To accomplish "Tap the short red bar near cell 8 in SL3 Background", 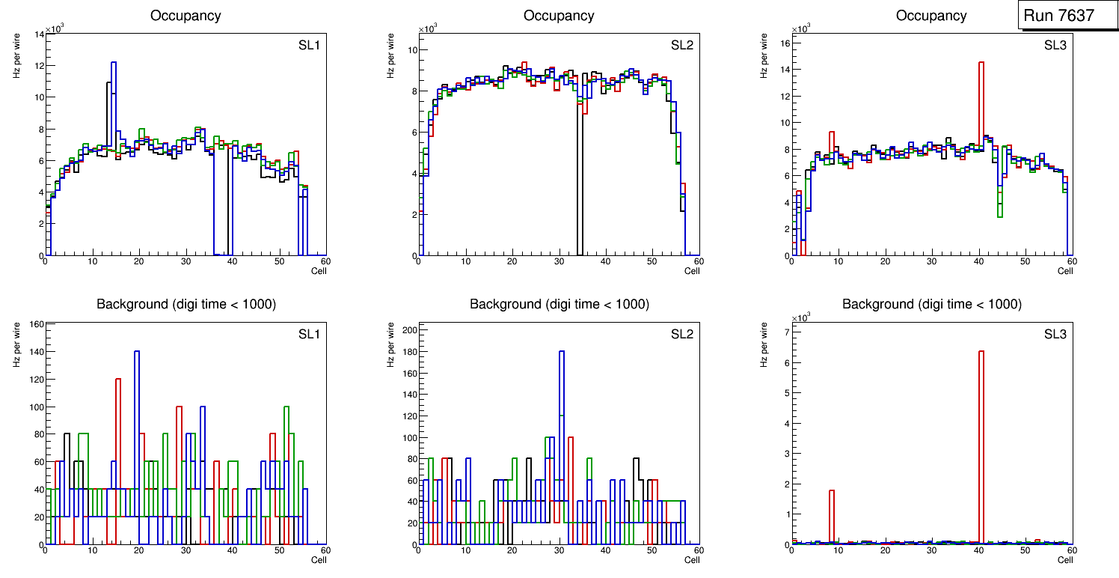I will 832,517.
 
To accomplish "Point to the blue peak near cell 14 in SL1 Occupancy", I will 114,112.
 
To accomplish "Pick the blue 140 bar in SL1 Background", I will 137,434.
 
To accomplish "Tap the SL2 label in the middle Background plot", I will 681,334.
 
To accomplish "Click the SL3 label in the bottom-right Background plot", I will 1055,334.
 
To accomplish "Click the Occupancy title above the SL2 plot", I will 559,16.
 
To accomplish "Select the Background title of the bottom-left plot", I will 186,304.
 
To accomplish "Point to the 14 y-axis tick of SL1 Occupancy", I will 38,34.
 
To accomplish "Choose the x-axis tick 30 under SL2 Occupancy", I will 559,261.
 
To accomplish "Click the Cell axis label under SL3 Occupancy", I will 1065,270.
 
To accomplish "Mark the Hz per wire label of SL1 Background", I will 17,344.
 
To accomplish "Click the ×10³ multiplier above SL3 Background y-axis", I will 802,317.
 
